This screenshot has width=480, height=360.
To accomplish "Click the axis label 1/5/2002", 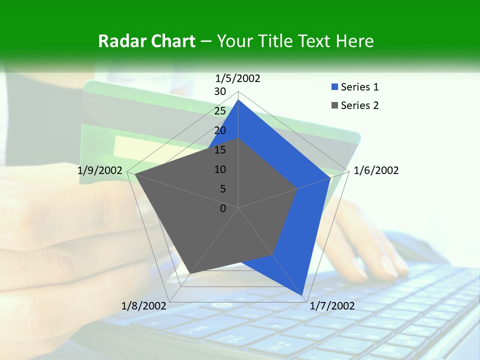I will [238, 78].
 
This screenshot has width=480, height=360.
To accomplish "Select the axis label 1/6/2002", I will [376, 171].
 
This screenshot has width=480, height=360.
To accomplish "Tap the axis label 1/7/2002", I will [332, 306].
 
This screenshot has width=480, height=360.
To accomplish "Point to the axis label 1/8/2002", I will [144, 306].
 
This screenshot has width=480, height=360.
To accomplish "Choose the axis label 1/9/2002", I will [100, 171].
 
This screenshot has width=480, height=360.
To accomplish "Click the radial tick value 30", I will [220, 91].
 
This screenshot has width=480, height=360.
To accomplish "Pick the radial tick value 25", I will [220, 111].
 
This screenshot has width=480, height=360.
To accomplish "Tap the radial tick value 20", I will [220, 130].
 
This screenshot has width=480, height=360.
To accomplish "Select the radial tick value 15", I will [220, 150].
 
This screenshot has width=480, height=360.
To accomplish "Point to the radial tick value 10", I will [220, 169].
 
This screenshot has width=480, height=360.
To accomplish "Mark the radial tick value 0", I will [223, 208].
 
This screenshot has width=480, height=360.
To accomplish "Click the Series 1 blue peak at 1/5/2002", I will [238, 100].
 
